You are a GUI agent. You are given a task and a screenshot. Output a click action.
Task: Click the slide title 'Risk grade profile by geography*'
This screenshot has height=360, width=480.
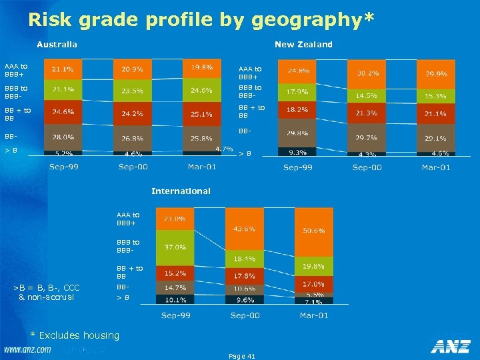pyautogui.click(x=201, y=20)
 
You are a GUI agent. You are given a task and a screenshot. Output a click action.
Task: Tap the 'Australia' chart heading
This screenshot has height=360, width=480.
pyautogui.click(x=57, y=45)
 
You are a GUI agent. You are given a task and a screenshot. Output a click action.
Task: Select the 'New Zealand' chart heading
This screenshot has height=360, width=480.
pyautogui.click(x=303, y=45)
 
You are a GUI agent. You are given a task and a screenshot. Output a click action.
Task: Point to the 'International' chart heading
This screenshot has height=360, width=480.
pyautogui.click(x=181, y=191)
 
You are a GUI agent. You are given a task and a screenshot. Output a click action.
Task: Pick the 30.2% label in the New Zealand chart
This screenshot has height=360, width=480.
pyautogui.click(x=367, y=73)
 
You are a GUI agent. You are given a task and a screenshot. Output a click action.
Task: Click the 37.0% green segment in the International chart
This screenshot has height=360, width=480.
pyautogui.click(x=175, y=247)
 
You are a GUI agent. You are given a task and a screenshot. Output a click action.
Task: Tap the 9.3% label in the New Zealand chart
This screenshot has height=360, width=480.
pyautogui.click(x=297, y=153)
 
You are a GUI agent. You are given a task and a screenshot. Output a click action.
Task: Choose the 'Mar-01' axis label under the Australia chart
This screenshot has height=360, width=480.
pyautogui.click(x=201, y=167)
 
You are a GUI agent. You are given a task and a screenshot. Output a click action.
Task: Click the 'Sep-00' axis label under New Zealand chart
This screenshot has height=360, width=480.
pyautogui.click(x=367, y=167)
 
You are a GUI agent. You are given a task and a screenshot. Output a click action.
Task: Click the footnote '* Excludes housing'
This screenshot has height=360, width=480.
pyautogui.click(x=75, y=335)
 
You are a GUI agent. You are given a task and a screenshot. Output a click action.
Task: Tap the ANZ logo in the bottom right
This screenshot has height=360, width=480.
pyautogui.click(x=451, y=347)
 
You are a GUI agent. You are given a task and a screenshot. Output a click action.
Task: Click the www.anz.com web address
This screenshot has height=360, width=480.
pyautogui.click(x=27, y=349)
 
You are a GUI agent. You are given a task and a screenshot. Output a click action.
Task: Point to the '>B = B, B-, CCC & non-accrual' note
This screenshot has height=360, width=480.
pyautogui.click(x=47, y=292)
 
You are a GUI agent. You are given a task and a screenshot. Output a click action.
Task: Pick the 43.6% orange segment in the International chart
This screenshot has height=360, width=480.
pyautogui.click(x=243, y=229)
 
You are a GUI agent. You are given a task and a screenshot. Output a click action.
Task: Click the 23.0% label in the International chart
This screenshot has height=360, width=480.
pyautogui.click(x=175, y=219)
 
